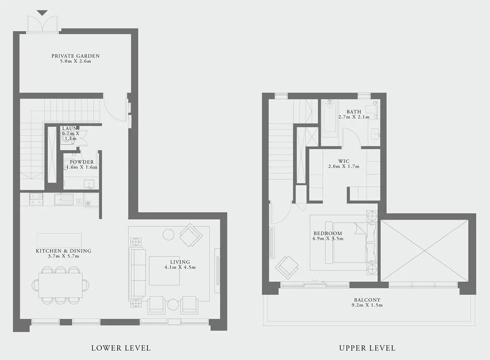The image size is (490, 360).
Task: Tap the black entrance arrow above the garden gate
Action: pyautogui.click(x=43, y=13)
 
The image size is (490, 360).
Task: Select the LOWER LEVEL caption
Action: pyautogui.click(x=121, y=348)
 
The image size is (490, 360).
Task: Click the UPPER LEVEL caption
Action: pyautogui.click(x=367, y=348)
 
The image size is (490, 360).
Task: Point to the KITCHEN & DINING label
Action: pyautogui.click(x=63, y=251)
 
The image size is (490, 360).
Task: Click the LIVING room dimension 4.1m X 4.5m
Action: pyautogui.click(x=180, y=268)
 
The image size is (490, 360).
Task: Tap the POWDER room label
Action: pyautogui.click(x=81, y=162)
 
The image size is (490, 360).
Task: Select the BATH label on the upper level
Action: pyautogui.click(x=354, y=112)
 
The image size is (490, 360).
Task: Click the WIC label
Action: pyautogui.click(x=343, y=161)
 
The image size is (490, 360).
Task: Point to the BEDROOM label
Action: pyautogui.click(x=328, y=233)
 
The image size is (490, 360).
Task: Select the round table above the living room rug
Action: pyautogui.click(x=168, y=234)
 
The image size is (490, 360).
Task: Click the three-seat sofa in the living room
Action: pyautogui.click(x=138, y=272)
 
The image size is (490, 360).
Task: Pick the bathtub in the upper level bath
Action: pyautogui.click(x=331, y=116)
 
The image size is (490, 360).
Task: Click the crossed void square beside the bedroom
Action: pyautogui.click(x=424, y=251)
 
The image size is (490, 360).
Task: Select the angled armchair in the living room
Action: pyautogui.click(x=191, y=235)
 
